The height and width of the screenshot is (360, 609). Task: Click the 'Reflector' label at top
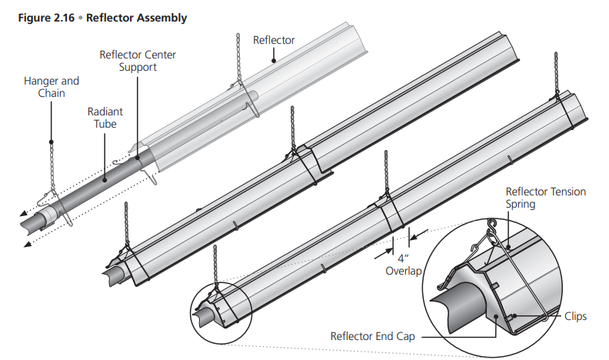(274, 39)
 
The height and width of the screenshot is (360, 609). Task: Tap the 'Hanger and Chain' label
(52, 86)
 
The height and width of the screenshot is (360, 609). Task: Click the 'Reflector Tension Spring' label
(544, 198)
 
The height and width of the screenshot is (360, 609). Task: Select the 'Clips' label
(574, 315)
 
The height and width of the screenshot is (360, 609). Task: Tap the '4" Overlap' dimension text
(399, 265)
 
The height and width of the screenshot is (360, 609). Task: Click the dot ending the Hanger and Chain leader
(52, 142)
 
